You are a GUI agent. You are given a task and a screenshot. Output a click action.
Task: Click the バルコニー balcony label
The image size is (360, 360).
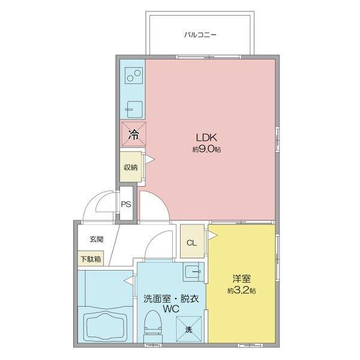point(200,35)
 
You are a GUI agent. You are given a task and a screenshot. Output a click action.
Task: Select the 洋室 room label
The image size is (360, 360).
point(242,279)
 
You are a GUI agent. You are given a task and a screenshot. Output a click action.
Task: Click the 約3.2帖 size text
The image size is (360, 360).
point(242,291)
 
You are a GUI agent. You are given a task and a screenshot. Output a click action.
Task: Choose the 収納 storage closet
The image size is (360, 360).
point(130,167)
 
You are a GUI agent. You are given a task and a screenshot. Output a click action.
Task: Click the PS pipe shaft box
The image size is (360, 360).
point(126,204)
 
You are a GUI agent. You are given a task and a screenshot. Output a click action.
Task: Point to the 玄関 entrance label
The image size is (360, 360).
point(97,239)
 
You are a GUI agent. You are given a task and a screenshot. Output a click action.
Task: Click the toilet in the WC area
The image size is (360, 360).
point(154,327)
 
